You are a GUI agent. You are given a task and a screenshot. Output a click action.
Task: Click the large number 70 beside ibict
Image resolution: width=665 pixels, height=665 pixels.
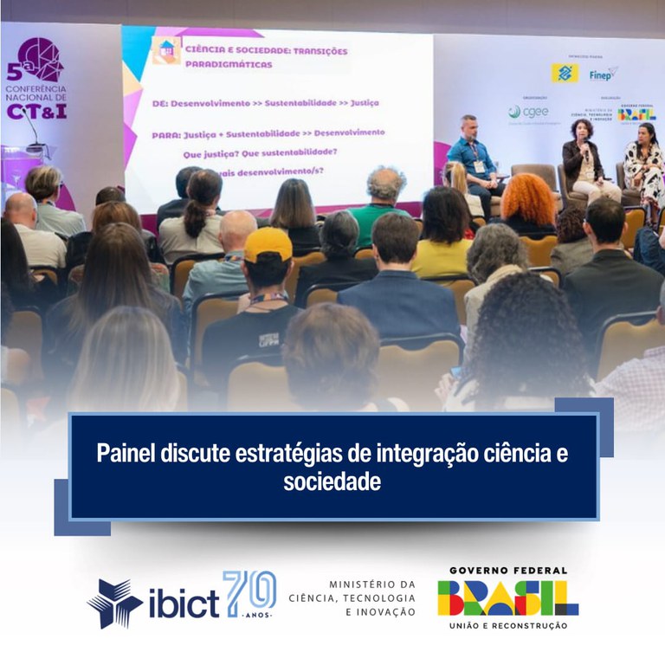pos(249,594)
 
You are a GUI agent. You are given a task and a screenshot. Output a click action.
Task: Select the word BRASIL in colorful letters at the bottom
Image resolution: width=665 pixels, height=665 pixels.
pos(507,597)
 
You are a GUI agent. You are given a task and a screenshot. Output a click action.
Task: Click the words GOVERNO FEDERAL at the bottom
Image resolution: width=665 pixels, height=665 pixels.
pos(507,571)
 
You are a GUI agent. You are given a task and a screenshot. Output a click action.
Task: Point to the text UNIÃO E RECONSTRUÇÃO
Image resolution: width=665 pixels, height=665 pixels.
pos(507,625)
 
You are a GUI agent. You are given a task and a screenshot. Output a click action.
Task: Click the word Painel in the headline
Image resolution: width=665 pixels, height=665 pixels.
pos(126,453)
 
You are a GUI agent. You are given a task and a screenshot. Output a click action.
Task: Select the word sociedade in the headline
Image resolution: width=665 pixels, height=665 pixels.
pos(332,482)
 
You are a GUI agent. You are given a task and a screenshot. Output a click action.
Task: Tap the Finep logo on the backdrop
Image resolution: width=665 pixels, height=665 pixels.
pos(603,74)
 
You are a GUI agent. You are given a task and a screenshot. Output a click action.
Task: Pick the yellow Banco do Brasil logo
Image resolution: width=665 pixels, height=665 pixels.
pos(565,74)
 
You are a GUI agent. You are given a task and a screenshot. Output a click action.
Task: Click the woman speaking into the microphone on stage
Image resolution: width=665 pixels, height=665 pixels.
pos(583,156)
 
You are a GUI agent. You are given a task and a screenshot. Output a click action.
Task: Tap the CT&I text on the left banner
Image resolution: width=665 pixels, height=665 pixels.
pos(37,111)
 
